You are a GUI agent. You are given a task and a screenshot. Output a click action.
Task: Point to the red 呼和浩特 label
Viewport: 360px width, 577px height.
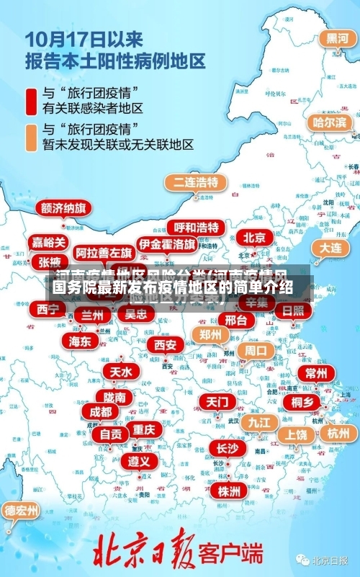tap(197, 228)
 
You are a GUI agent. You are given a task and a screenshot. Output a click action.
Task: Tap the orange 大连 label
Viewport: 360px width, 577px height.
tap(330, 247)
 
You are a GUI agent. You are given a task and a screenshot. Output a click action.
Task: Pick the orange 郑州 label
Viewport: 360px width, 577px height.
tap(210, 334)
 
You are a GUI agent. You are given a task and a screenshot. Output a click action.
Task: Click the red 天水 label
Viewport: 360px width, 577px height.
tap(120, 372)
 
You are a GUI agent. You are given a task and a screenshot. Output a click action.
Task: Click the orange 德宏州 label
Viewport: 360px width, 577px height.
tap(22, 511)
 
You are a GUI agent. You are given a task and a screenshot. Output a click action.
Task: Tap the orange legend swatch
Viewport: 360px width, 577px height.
tap(32, 137)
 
